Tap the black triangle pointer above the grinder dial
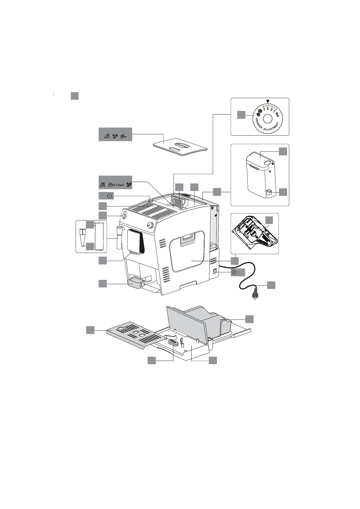click(267, 102)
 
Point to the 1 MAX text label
click(119, 185)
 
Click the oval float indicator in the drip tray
click(174, 342)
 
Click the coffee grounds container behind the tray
click(209, 320)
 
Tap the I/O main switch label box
click(238, 272)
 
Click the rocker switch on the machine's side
click(214, 272)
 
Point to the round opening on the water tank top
click(267, 163)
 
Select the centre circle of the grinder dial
click(267, 119)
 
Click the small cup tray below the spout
click(135, 284)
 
